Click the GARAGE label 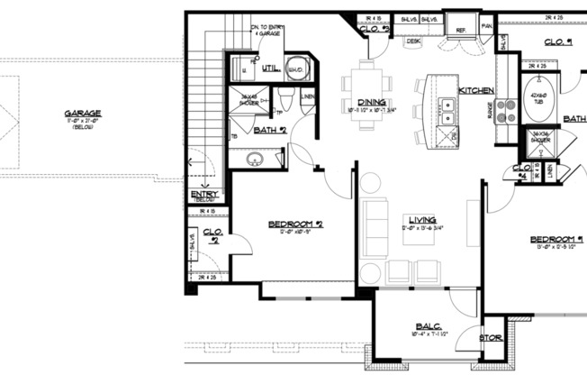click(82, 114)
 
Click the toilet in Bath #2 click(284, 99)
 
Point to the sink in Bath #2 click(255, 160)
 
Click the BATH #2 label click(269, 131)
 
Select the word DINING click(372, 102)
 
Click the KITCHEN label click(476, 91)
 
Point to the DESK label click(413, 41)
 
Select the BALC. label click(426, 327)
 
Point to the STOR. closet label click(491, 338)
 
